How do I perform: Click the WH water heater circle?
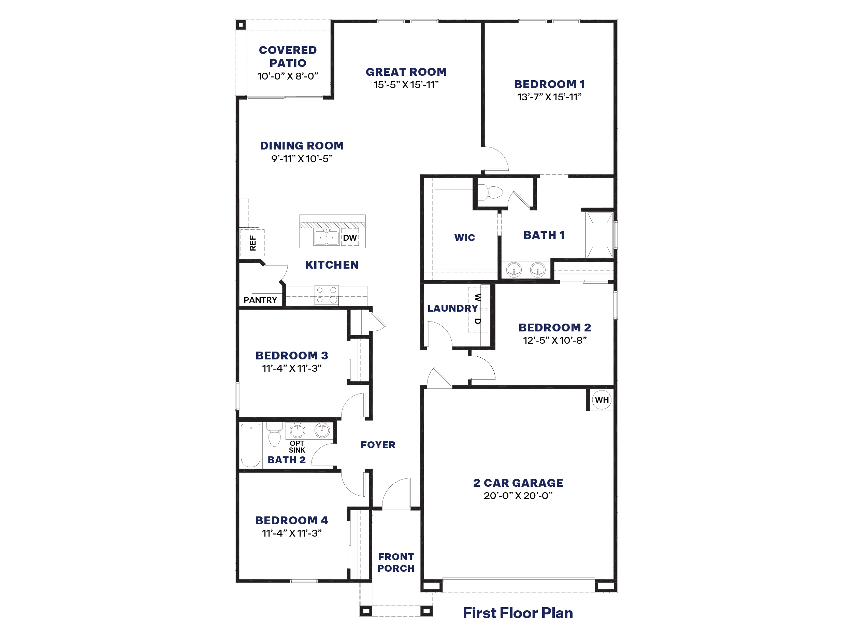602,400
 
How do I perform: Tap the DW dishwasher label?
350,238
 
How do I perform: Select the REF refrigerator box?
252,243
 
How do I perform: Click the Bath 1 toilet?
492,192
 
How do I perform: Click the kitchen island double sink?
326,237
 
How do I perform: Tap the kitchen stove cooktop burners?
327,295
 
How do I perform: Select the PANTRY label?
260,300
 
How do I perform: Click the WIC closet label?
465,238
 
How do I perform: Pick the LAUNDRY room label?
452,308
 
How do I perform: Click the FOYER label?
378,445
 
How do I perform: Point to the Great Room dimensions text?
406,85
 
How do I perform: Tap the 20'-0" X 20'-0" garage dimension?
518,496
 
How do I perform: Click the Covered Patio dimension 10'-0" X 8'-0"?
288,76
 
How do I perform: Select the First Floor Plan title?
518,613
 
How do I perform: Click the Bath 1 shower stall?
599,234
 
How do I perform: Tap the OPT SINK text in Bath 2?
297,447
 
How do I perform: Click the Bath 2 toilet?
274,436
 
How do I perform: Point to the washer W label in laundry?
477,297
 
